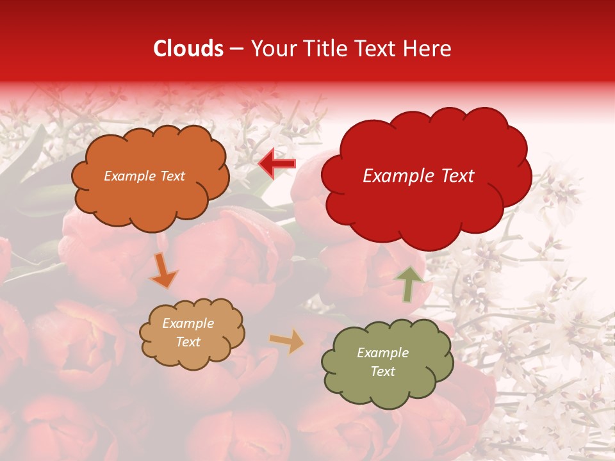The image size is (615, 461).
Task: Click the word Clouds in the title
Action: [x=188, y=49]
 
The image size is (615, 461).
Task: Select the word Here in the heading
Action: [x=429, y=49]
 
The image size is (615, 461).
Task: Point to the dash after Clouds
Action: [x=236, y=49]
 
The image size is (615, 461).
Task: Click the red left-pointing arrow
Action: [x=277, y=164]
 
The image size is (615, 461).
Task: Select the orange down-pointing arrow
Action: [x=164, y=270]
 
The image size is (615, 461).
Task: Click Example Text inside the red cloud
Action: [x=418, y=176]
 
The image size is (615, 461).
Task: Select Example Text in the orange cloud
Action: [x=144, y=176]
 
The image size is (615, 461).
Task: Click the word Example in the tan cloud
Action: [x=188, y=323]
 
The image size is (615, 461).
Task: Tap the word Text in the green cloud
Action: [x=382, y=371]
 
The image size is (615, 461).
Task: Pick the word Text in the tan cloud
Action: [x=188, y=342]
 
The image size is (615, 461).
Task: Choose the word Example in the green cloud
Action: [x=382, y=353]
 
